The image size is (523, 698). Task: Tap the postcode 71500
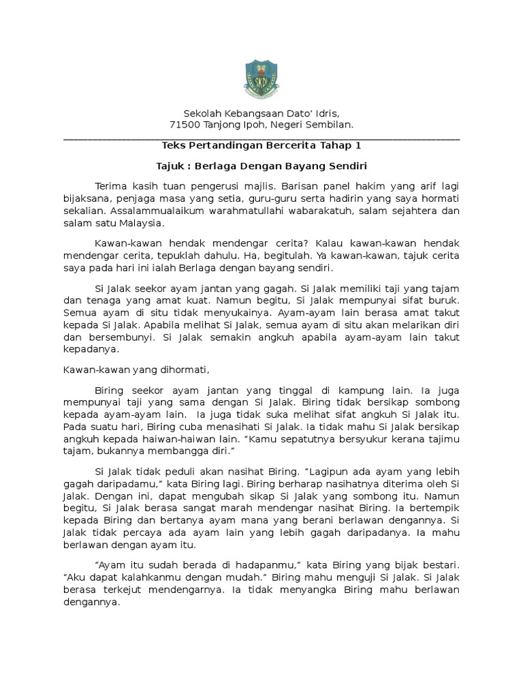click(x=184, y=125)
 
